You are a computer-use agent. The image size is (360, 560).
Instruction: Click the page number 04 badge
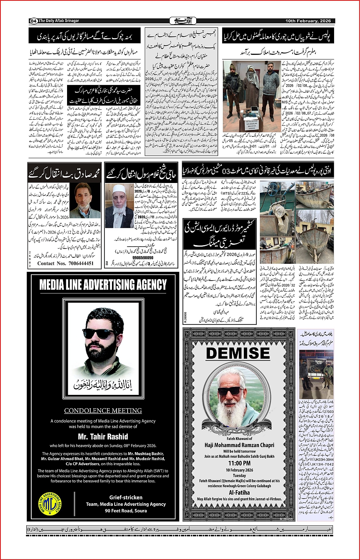(33, 21)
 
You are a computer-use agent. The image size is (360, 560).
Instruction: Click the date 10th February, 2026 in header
(309, 21)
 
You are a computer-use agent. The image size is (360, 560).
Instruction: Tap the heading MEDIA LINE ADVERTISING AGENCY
(103, 285)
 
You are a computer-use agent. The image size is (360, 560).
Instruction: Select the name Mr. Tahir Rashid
(103, 436)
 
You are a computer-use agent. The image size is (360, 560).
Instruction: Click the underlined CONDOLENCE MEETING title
(103, 411)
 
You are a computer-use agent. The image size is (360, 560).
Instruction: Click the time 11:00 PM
(239, 463)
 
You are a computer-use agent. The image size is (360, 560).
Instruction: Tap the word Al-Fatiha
(240, 493)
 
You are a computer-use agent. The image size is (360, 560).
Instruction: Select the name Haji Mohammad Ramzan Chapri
(239, 445)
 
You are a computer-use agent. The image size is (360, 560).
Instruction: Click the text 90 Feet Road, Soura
(126, 510)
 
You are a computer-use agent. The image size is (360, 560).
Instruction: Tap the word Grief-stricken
(126, 497)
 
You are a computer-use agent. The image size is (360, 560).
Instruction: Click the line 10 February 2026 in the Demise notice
(239, 470)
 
